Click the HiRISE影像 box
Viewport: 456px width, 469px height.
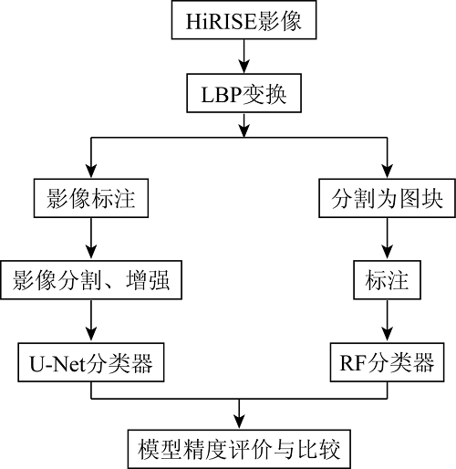click(x=244, y=20)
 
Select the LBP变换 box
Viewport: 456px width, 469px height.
click(x=244, y=93)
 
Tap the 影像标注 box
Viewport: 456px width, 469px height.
click(x=91, y=198)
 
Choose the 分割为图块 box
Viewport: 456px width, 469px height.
click(x=387, y=198)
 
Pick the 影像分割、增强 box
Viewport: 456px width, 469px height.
click(x=91, y=280)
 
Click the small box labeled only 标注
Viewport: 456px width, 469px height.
click(x=387, y=280)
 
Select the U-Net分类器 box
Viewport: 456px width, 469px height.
click(x=91, y=362)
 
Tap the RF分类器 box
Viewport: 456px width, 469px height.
click(x=387, y=362)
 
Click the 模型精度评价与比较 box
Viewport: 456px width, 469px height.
click(x=239, y=449)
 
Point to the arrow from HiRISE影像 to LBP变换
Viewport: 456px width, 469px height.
click(x=244, y=57)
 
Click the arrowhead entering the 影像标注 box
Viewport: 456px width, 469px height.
click(x=91, y=172)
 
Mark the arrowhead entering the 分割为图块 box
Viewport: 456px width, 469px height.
click(x=387, y=172)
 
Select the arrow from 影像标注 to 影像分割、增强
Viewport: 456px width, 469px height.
click(x=91, y=239)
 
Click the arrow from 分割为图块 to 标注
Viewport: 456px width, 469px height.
click(x=387, y=239)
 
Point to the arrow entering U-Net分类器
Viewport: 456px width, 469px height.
click(x=91, y=321)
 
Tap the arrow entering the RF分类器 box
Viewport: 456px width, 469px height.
click(x=387, y=321)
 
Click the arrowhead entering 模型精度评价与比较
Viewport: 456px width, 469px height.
click(x=239, y=422)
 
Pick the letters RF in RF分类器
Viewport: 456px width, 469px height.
click(x=353, y=362)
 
